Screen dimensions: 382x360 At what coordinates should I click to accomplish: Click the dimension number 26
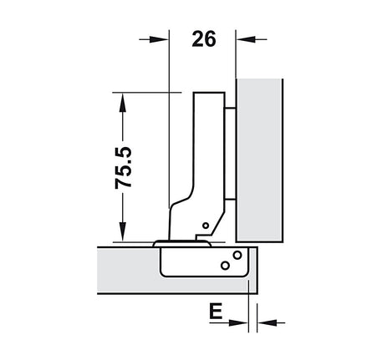point(204,38)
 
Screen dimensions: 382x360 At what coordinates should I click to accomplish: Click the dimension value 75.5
point(123,168)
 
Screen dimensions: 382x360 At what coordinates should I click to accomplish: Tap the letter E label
point(216,311)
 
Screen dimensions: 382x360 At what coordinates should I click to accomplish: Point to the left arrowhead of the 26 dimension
point(159,39)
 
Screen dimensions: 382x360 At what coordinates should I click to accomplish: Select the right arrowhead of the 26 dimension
point(246,39)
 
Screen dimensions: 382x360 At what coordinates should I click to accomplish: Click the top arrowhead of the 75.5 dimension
point(123,102)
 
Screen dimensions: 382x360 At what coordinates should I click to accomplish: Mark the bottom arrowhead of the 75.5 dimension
point(123,231)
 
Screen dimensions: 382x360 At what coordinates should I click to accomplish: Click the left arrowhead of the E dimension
point(238,323)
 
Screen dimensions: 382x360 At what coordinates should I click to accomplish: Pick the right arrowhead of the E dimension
point(267,323)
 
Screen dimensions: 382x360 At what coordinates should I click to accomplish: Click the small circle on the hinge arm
point(206,226)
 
